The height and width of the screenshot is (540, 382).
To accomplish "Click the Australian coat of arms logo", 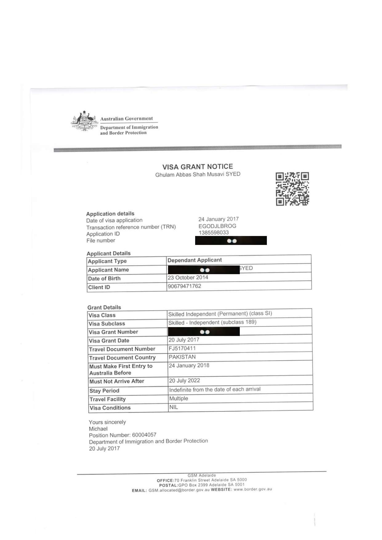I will click(83, 121).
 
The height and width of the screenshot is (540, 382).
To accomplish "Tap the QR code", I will click(292, 189).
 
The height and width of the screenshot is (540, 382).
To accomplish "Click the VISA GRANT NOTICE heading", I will click(198, 167).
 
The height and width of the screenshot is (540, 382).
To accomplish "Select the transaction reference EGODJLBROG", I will click(217, 226).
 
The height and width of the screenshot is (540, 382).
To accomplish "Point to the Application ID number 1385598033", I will click(214, 233).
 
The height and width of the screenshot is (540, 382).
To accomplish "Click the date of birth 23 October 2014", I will click(188, 278).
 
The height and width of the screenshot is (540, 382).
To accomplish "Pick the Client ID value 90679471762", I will click(184, 286).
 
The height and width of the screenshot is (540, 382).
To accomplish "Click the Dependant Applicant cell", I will click(195, 260).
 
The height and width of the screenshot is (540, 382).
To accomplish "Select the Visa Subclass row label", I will click(107, 324).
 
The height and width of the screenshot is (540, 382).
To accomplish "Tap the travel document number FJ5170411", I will click(182, 348).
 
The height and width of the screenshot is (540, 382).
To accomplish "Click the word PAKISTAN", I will click(182, 357).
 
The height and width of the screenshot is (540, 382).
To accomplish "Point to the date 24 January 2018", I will click(189, 366).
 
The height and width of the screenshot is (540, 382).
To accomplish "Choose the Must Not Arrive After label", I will click(117, 381).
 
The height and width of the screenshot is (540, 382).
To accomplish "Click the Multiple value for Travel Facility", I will click(179, 398).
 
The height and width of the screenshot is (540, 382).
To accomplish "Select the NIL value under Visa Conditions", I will click(174, 407).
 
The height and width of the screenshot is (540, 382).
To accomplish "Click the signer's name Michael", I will click(98, 429).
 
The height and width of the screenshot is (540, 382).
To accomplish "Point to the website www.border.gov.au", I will click(253, 489).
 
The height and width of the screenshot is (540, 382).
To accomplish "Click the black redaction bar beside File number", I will click(231, 241).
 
